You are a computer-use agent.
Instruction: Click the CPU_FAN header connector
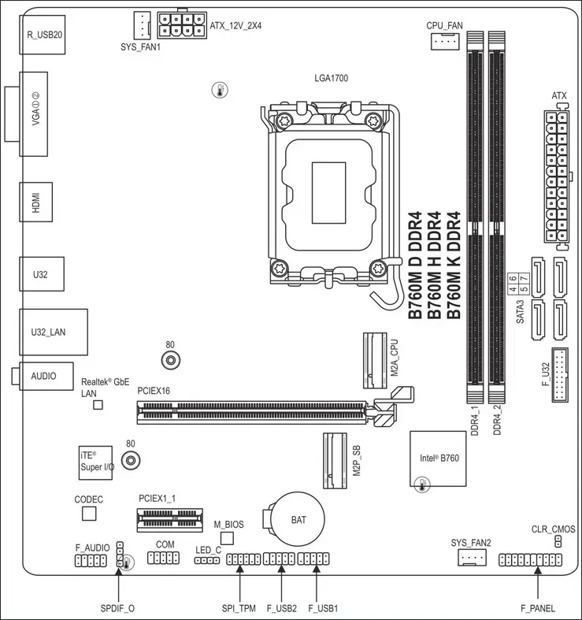pyautogui.click(x=445, y=41)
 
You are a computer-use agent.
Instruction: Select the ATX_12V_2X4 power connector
pyautogui.click(x=182, y=25)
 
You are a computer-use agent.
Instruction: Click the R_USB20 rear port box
pyautogui.click(x=43, y=35)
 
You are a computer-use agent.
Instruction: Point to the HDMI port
pyautogui.click(x=36, y=202)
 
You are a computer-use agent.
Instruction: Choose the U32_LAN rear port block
pyautogui.click(x=54, y=332)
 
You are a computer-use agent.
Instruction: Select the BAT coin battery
pyautogui.click(x=296, y=519)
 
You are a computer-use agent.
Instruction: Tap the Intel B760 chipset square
pyautogui.click(x=438, y=459)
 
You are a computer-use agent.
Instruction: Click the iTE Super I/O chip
pyautogui.click(x=95, y=463)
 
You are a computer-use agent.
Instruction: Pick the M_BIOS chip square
pyautogui.click(x=227, y=539)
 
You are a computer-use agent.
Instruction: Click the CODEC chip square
pyautogui.click(x=89, y=514)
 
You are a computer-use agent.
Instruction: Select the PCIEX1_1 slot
pyautogui.click(x=169, y=521)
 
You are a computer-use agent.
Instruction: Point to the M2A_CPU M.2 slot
pyautogui.click(x=375, y=361)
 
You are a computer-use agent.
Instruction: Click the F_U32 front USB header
pyautogui.click(x=560, y=375)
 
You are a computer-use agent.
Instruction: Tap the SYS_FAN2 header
pyautogui.click(x=472, y=558)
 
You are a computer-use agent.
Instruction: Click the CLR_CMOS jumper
pyautogui.click(x=558, y=542)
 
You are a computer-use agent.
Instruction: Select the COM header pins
pyautogui.click(x=163, y=558)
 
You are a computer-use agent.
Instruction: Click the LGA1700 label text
pyautogui.click(x=332, y=78)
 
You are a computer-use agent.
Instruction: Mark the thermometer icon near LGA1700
pyautogui.click(x=220, y=90)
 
